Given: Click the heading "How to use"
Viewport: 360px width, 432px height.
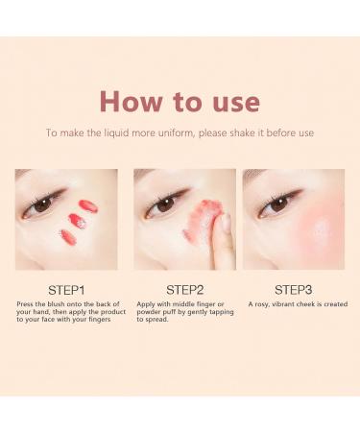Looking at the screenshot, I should tap(180, 101).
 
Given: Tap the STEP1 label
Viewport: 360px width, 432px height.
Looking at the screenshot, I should tap(66, 288).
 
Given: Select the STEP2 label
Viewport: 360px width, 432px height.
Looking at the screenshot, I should tap(184, 288).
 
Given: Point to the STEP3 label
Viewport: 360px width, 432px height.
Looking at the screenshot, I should tap(294, 288).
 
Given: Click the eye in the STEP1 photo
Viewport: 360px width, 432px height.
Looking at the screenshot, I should tap(42, 204).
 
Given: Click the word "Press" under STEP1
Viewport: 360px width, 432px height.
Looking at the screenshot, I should tap(26, 304).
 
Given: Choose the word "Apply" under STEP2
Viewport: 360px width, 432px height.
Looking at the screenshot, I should tap(148, 304).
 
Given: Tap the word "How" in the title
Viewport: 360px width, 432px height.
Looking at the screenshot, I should tap(127, 101).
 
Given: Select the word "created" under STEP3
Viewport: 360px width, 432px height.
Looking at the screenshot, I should tap(333, 304).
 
